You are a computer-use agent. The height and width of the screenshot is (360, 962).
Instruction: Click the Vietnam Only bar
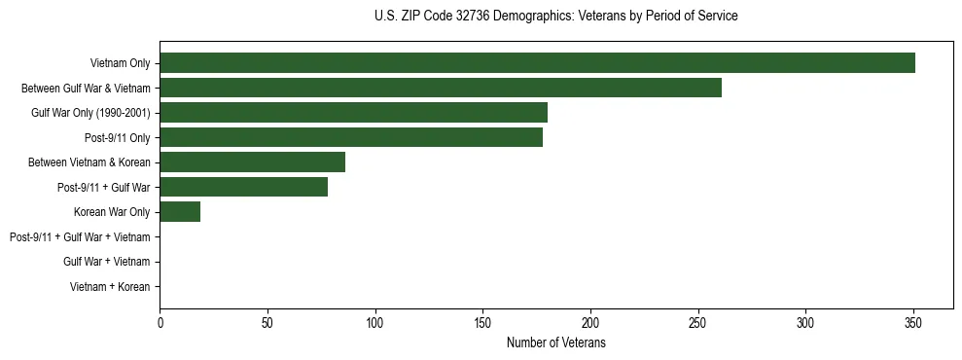click(x=537, y=63)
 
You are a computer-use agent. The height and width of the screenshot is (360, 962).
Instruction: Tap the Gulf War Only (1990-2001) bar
click(x=353, y=113)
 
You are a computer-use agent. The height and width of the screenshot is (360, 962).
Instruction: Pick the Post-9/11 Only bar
click(x=351, y=137)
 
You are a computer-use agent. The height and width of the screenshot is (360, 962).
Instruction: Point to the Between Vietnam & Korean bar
click(x=252, y=162)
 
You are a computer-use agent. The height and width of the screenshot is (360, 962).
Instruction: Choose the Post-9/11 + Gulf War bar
click(x=243, y=187)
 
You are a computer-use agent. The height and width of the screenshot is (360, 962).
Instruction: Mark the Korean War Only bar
click(x=180, y=212)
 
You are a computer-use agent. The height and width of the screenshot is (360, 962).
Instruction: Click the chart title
click(x=555, y=17)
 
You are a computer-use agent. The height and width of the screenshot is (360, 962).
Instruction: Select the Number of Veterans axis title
click(x=556, y=342)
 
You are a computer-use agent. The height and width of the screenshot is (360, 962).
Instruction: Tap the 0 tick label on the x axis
click(x=160, y=323)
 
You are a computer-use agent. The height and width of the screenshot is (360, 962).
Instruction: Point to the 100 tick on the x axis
click(x=374, y=323)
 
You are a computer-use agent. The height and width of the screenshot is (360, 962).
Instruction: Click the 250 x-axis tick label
click(x=697, y=323)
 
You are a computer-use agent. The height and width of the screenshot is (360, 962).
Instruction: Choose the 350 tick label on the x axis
click(x=912, y=323)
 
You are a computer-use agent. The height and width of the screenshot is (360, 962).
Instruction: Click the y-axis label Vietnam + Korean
click(x=110, y=286)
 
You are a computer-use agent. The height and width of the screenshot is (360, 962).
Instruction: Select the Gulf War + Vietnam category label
click(x=107, y=262)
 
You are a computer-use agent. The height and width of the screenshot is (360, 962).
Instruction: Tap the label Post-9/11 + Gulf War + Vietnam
click(x=80, y=236)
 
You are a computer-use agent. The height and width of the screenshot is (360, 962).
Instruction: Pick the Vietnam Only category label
click(x=120, y=63)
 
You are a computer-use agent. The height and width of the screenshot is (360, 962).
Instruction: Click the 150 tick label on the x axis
click(x=482, y=323)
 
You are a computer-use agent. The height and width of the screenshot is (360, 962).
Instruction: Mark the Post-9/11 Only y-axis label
click(x=118, y=137)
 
